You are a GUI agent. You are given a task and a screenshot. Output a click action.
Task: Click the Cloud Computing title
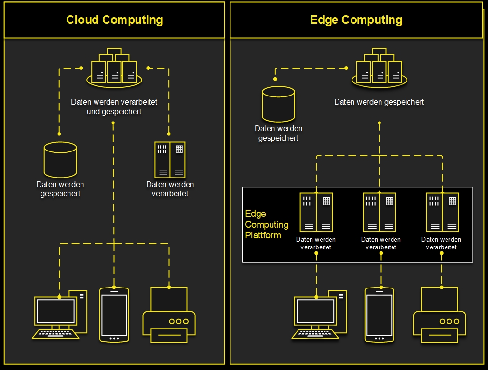point(114,20)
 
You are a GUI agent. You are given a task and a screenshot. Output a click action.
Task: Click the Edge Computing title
point(356,20)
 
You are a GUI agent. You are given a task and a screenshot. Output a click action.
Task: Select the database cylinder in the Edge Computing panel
point(278,104)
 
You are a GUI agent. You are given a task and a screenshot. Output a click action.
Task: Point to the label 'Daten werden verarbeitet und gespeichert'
point(114,107)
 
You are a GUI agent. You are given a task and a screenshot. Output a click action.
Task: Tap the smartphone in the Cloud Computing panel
point(114,315)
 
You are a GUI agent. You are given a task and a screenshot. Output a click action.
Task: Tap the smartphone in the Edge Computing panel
point(380,315)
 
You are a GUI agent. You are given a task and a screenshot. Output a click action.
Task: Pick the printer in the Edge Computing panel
point(439,315)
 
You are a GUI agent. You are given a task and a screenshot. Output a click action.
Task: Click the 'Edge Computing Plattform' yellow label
point(267,224)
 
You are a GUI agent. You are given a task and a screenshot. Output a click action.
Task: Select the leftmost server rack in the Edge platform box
point(316,212)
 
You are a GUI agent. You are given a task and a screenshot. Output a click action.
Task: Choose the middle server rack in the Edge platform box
point(379,212)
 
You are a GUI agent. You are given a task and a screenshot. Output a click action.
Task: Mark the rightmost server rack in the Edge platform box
point(442,212)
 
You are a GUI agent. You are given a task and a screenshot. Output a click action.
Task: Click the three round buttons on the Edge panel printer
point(449,321)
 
